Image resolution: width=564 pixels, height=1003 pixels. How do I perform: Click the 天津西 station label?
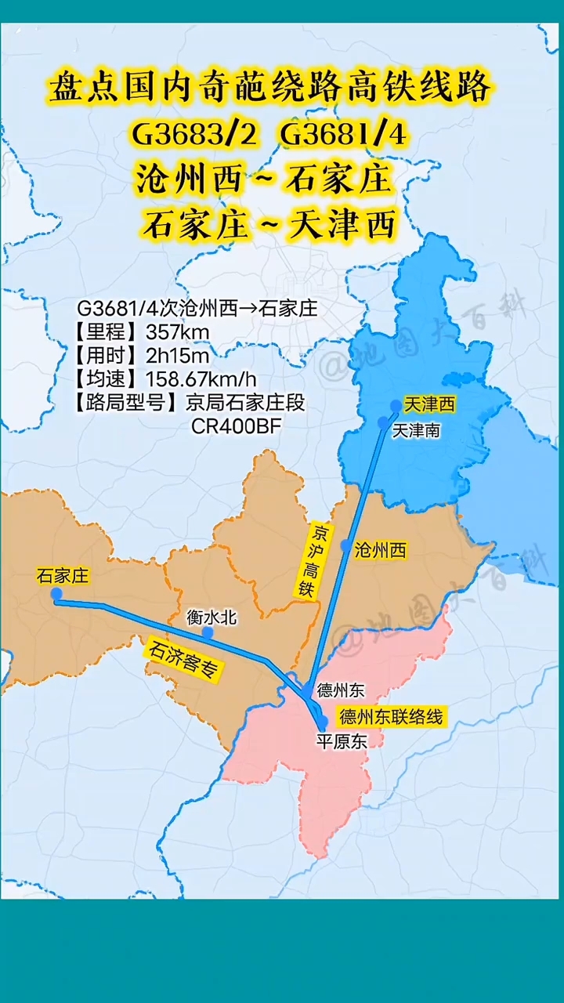pyautogui.click(x=429, y=404)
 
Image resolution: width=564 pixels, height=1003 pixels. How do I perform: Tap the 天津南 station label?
pyautogui.click(x=416, y=429)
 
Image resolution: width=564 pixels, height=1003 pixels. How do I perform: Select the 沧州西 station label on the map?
pyautogui.click(x=381, y=550)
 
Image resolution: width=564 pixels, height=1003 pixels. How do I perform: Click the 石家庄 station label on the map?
pyautogui.click(x=63, y=577)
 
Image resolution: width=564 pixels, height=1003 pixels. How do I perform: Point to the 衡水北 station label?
pyautogui.click(x=211, y=617)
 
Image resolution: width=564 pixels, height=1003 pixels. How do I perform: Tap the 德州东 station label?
pyautogui.click(x=341, y=690)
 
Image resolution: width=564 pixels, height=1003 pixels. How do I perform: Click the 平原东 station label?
pyautogui.click(x=341, y=740)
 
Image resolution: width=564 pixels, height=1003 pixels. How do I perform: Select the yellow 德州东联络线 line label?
pyautogui.click(x=391, y=716)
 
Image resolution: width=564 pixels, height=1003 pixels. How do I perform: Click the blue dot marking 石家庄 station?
pyautogui.click(x=56, y=594)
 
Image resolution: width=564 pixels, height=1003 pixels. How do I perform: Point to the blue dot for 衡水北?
pyautogui.click(x=208, y=632)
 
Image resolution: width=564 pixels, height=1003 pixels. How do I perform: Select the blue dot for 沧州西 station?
pyautogui.click(x=346, y=545)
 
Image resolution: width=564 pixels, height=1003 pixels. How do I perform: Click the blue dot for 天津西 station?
pyautogui.click(x=396, y=405)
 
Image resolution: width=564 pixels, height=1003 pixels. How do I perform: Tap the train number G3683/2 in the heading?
pyautogui.click(x=193, y=135)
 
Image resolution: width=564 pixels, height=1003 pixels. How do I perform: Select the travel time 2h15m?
pyautogui.click(x=178, y=356)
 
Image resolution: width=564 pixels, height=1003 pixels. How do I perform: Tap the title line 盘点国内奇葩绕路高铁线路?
pyautogui.click(x=270, y=88)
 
